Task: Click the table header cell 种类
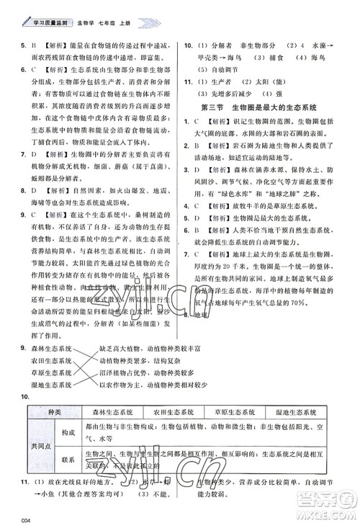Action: pyautogui.click(x=51, y=412)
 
